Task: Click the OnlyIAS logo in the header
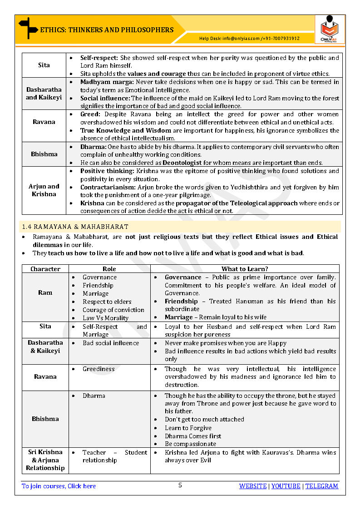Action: pyautogui.click(x=330, y=29)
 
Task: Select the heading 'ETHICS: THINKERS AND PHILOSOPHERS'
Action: pyautogui.click(x=107, y=30)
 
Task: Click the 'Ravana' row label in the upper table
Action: pyautogui.click(x=44, y=122)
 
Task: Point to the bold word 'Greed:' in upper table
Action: pyautogui.click(x=90, y=114)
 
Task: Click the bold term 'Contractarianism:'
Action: pyautogui.click(x=107, y=187)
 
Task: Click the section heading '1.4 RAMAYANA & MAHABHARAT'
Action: pyautogui.click(x=75, y=227)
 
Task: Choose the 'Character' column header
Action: pyautogui.click(x=45, y=269)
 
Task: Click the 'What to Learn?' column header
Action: pyautogui.click(x=245, y=269)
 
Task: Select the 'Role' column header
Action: pyautogui.click(x=109, y=269)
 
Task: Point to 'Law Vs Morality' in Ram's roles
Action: pyautogui.click(x=105, y=318)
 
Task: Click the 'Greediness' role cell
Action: pyautogui.click(x=98, y=369)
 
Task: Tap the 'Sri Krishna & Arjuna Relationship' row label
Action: pyautogui.click(x=45, y=460)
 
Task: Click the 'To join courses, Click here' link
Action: pyautogui.click(x=59, y=486)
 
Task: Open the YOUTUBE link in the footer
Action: pyautogui.click(x=286, y=486)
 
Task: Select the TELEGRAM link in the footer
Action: pyautogui.click(x=321, y=486)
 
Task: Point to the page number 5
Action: pyautogui.click(x=180, y=485)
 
